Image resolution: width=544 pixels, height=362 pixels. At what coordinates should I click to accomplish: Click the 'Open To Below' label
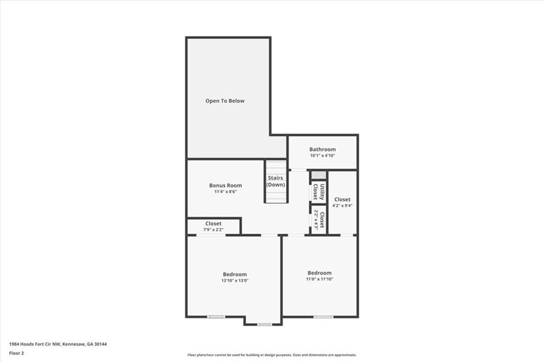225,101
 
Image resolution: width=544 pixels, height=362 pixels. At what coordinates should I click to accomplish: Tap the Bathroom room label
322,150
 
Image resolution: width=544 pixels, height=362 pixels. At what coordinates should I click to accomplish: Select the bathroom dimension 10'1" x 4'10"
322,156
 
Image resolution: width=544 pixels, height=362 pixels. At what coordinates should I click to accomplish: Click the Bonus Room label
225,185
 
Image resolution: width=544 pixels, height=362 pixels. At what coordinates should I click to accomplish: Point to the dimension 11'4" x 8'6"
225,192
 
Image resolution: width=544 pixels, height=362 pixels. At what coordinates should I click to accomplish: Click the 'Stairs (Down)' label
276,182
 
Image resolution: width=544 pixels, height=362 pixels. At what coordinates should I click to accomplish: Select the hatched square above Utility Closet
318,175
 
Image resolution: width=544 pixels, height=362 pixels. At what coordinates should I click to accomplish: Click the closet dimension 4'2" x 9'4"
342,205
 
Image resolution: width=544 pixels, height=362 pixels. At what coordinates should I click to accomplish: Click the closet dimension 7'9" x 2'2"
213,230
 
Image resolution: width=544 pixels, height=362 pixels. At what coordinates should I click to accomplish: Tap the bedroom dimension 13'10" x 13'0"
234,280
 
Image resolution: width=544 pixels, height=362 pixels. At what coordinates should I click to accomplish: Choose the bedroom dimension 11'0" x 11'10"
319,279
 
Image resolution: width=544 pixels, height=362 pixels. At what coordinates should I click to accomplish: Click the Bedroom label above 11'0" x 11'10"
319,273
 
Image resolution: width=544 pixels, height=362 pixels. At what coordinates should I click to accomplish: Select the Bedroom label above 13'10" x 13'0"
234,274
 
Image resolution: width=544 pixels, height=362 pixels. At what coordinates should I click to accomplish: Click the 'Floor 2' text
17,352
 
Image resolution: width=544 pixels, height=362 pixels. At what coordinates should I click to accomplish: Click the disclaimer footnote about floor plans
271,355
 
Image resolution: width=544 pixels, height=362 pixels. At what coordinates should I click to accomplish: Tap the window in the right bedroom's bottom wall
323,317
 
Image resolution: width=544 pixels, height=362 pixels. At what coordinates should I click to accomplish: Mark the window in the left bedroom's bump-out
264,324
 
